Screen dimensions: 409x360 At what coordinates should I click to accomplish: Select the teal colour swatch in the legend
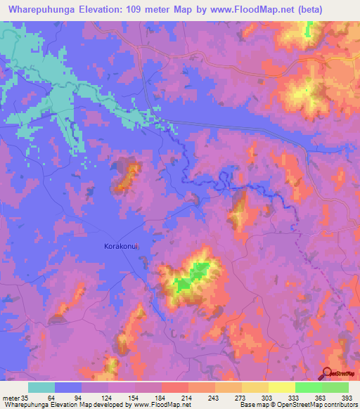pyautogui.click(x=41, y=387)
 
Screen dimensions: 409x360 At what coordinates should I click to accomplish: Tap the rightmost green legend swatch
pyautogui.click(x=335, y=387)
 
